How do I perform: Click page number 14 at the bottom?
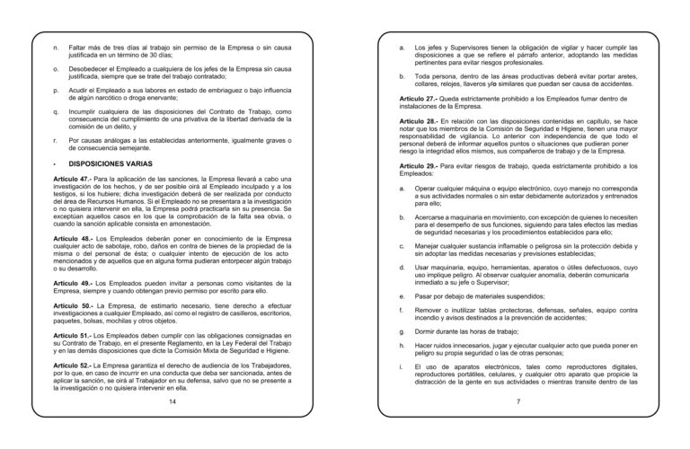click(x=172, y=401)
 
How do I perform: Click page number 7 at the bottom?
click(x=518, y=401)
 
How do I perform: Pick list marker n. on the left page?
click(x=57, y=46)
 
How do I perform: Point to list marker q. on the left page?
click(x=57, y=113)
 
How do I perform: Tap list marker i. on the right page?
click(x=402, y=368)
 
